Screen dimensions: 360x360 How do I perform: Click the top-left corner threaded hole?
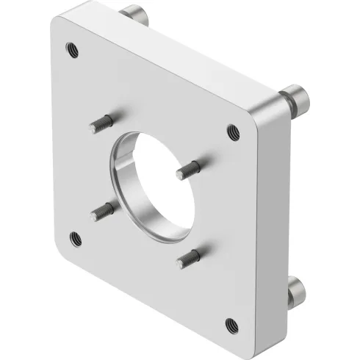(71, 50)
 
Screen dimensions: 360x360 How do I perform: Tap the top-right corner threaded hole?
(233, 132)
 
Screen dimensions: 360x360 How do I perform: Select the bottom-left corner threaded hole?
(74, 237)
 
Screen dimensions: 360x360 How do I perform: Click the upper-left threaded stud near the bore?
(102, 123)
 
